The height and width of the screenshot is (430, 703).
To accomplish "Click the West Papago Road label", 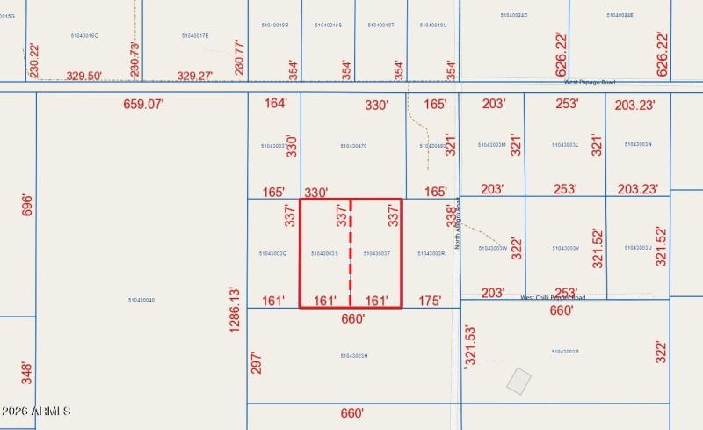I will (x=590, y=83).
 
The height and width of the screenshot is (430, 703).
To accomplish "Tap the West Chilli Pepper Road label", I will (x=553, y=297).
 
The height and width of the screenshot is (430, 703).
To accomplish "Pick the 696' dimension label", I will (x=26, y=206).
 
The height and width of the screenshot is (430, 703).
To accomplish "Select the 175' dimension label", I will (x=430, y=301).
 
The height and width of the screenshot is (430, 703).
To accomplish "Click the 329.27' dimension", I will (x=195, y=77).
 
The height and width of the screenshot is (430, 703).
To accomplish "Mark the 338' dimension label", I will (x=451, y=215).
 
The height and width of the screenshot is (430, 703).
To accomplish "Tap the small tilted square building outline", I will (x=519, y=382).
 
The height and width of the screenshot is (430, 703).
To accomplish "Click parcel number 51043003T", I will (x=376, y=253).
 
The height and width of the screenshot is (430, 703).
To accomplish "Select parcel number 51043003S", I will (x=325, y=253).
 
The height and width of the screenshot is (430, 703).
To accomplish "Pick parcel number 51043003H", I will (x=352, y=356).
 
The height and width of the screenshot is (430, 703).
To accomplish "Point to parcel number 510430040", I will (x=141, y=301).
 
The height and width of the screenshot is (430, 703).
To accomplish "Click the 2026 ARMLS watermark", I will (x=36, y=412).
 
